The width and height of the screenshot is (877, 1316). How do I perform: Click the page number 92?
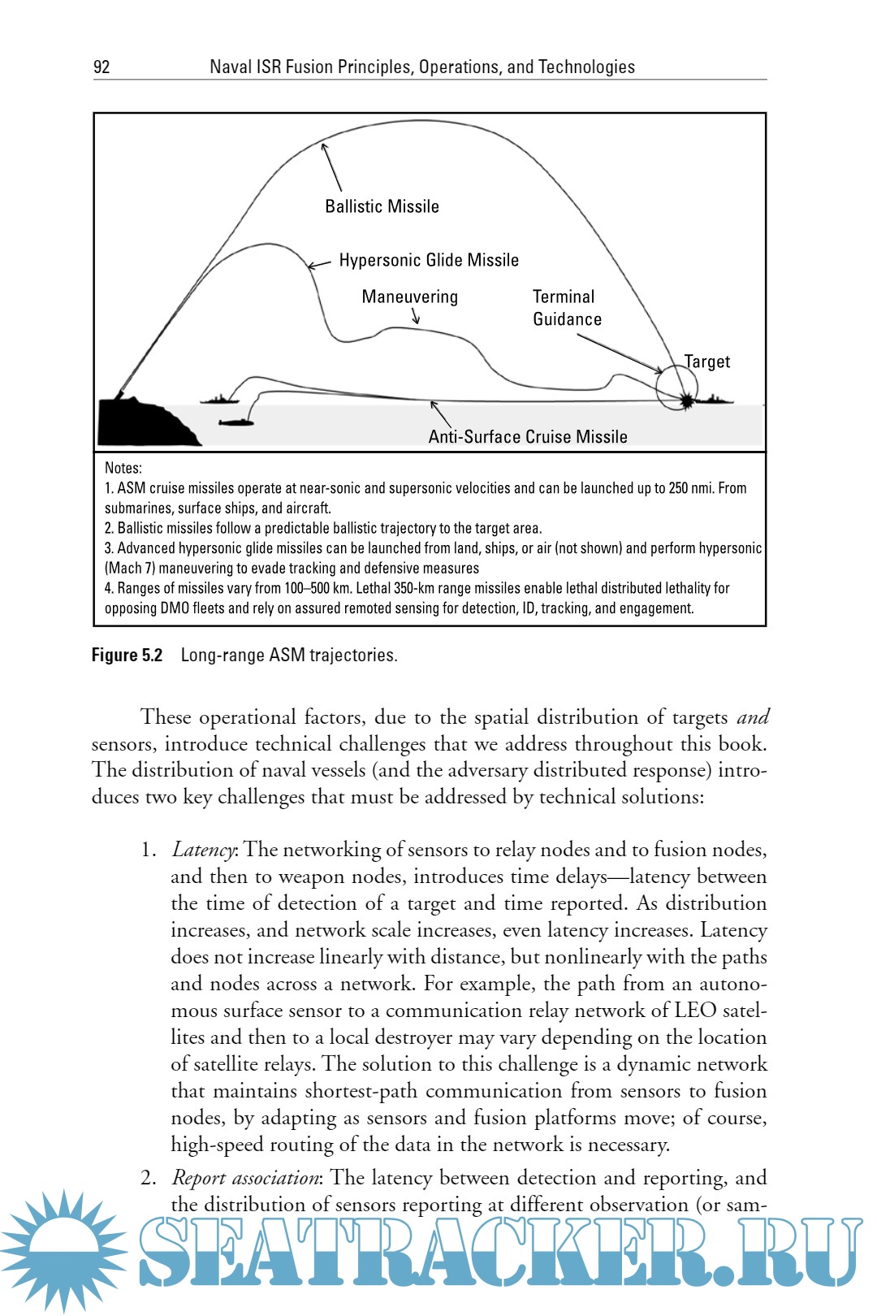(102, 67)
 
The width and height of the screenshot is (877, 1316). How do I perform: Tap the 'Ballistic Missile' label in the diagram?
(382, 207)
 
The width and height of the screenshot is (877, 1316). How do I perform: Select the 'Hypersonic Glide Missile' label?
(429, 261)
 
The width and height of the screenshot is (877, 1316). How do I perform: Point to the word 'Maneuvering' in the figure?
(409, 297)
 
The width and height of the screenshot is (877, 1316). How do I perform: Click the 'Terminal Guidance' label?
(566, 309)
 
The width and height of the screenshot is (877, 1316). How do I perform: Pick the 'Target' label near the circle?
(707, 362)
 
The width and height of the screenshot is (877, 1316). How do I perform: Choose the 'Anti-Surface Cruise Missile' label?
(528, 437)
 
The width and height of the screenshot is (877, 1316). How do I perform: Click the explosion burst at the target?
(688, 400)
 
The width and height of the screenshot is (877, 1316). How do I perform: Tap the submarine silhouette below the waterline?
(236, 422)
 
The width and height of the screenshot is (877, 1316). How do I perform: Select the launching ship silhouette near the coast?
(218, 398)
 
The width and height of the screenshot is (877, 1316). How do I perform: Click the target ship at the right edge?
(715, 400)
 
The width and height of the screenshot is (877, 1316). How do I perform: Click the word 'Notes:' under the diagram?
(123, 468)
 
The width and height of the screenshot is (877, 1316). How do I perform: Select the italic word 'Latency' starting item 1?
(203, 850)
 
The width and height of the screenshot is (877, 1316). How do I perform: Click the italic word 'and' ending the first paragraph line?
(753, 717)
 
